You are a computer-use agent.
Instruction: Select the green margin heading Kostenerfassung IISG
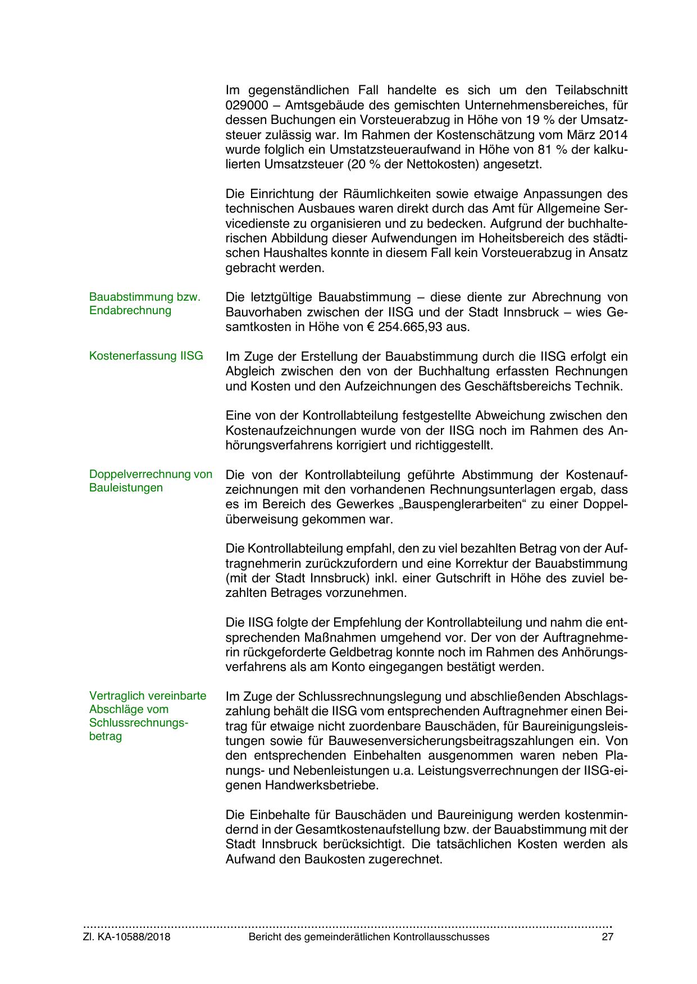(146, 356)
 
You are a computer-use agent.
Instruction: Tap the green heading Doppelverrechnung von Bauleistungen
(151, 481)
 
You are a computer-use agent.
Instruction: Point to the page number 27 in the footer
(607, 937)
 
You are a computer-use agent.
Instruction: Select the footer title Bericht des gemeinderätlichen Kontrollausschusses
(369, 937)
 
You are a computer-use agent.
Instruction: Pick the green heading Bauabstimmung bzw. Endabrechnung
(144, 304)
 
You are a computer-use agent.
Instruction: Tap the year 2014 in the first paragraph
(614, 135)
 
